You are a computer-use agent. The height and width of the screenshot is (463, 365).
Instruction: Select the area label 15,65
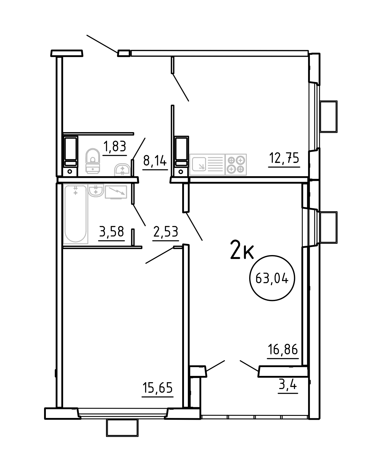coord(157,388)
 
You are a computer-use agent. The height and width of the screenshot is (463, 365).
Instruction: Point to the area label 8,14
coord(155,160)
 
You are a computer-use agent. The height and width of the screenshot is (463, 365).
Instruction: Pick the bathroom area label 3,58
coord(111,231)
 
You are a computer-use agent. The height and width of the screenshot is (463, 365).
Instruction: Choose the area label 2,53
coord(166,231)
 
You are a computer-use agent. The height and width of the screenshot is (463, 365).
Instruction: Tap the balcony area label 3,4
coord(288,385)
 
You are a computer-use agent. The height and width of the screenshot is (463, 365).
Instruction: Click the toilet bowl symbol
coord(93,161)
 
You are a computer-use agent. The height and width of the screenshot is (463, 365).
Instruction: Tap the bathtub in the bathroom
coord(76,214)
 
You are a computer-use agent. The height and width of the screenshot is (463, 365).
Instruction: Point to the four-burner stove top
coord(236,164)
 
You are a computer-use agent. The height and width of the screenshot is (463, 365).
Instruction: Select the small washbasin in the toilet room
coord(122,170)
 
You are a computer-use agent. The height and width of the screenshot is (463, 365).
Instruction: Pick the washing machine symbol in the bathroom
coord(116,192)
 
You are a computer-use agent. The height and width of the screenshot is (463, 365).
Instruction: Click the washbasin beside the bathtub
coord(96,190)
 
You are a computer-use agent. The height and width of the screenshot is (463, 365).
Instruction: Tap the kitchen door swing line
coord(181,87)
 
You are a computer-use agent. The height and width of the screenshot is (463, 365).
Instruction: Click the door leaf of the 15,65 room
coord(160,255)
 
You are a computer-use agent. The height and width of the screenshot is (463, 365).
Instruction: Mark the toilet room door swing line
coord(139,149)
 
